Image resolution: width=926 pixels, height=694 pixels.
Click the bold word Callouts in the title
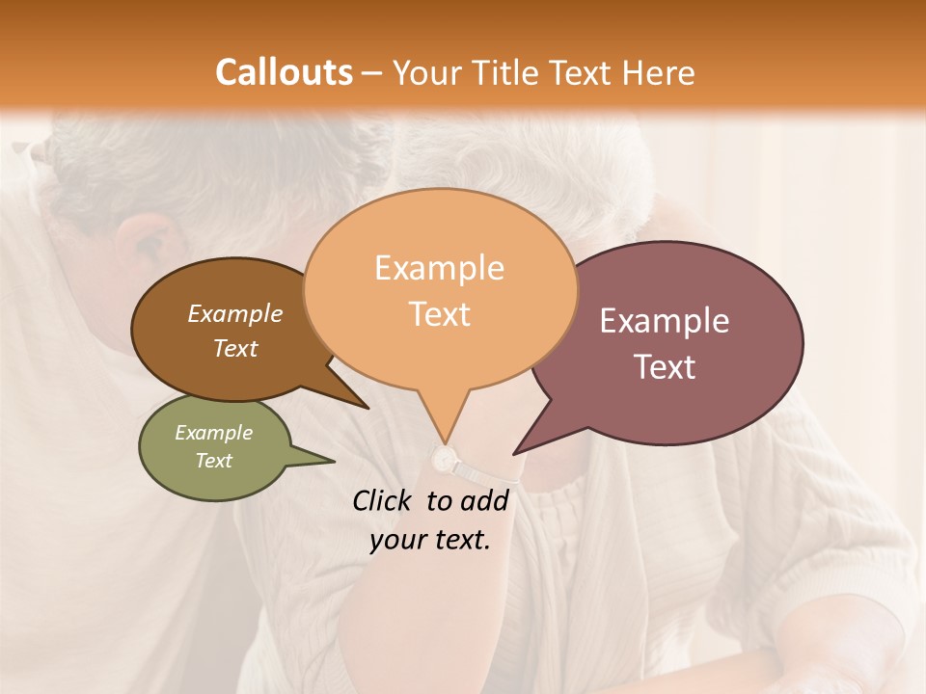[x=284, y=72]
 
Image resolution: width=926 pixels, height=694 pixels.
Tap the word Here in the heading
[x=658, y=72]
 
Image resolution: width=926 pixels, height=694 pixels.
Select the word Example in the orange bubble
[x=439, y=268]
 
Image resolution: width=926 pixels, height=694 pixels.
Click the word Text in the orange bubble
[x=439, y=313]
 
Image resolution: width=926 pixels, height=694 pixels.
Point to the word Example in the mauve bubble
[x=665, y=321]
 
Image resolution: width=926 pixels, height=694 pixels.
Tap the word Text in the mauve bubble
[x=665, y=367]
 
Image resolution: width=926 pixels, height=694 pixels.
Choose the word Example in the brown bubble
[x=235, y=313]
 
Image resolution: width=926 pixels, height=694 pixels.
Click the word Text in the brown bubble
[x=235, y=348]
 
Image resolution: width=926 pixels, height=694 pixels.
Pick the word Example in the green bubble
[x=214, y=433]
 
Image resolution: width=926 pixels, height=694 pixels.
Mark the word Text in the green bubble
[x=214, y=461]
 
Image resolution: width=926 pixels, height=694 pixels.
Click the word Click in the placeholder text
[x=385, y=500]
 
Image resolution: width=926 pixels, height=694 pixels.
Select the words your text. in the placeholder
[x=430, y=541]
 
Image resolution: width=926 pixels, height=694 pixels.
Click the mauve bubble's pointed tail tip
[x=515, y=453]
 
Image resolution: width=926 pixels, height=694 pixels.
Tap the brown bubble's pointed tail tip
[x=368, y=408]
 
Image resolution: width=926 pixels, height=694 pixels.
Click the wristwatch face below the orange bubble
[x=444, y=461]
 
